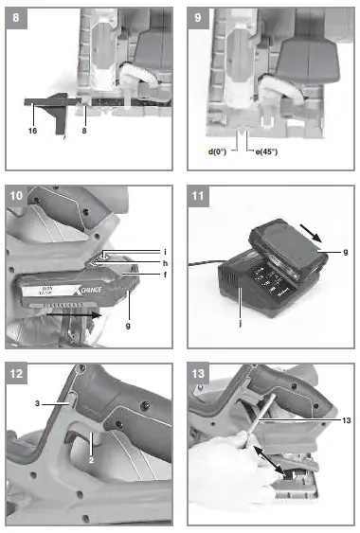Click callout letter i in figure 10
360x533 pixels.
coord(164,252)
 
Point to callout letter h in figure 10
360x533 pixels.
coord(164,263)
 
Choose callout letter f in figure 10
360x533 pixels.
coord(164,275)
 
